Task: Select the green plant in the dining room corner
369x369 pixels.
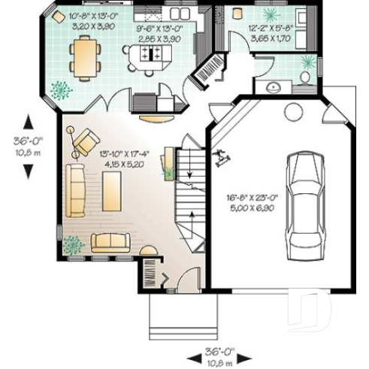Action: point(59,89)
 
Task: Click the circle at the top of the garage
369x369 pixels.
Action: point(291,113)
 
